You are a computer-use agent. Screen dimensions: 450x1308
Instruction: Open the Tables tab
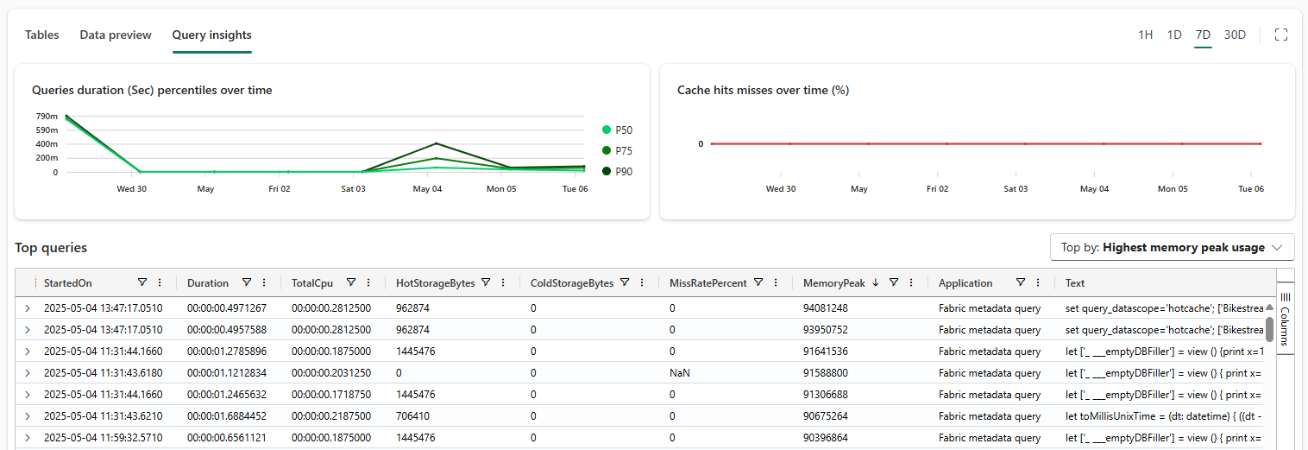click(41, 35)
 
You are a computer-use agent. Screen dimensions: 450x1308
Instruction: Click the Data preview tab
click(116, 35)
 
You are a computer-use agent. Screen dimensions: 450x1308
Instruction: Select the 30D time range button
click(1235, 35)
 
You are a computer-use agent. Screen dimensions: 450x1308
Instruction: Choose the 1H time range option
click(1145, 35)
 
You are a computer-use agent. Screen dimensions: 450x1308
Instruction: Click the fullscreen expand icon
click(1281, 35)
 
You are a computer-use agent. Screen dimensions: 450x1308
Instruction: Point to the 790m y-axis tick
click(47, 117)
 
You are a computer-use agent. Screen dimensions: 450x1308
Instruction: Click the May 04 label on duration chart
click(427, 188)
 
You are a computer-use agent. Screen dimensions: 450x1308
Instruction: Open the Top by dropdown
click(1172, 247)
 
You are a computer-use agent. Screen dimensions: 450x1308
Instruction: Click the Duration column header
click(208, 282)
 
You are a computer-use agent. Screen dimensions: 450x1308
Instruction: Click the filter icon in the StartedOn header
click(142, 282)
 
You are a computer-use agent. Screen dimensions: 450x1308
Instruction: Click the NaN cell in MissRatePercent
click(679, 373)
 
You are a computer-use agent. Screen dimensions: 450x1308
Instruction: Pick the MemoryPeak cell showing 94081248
click(825, 308)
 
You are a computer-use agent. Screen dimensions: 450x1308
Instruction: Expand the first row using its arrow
click(27, 308)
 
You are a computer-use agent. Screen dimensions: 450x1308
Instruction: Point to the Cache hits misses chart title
click(763, 90)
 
